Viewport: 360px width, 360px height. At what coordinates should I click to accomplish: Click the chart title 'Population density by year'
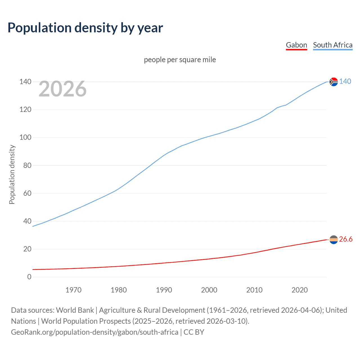(85, 28)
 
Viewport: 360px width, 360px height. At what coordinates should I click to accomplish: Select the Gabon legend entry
(296, 45)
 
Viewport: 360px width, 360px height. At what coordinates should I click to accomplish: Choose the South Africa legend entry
(332, 45)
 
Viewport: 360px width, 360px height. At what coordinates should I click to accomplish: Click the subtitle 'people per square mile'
(180, 60)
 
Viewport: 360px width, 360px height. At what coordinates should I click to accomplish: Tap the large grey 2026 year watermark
(62, 89)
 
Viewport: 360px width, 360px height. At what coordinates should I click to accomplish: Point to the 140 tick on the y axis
(25, 82)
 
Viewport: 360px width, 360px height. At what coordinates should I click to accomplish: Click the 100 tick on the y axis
(25, 138)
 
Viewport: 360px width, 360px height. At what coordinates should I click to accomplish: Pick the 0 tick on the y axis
(29, 277)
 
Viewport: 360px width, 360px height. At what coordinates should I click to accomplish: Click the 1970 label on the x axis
(73, 290)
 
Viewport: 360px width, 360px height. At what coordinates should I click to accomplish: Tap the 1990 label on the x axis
(164, 290)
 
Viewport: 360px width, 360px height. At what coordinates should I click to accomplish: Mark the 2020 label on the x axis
(300, 290)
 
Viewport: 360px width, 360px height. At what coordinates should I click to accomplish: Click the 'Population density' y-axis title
(12, 174)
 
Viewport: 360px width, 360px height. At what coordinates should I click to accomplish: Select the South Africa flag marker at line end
(334, 82)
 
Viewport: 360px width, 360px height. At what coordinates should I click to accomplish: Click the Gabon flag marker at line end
(334, 240)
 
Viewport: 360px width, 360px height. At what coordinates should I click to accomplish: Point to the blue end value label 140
(345, 81)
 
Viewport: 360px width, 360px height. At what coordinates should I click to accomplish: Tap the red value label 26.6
(346, 239)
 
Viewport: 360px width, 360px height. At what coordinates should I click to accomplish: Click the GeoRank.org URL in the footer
(94, 332)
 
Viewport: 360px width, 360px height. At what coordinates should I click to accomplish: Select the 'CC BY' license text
(194, 332)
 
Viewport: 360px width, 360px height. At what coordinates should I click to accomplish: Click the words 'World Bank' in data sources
(75, 310)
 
